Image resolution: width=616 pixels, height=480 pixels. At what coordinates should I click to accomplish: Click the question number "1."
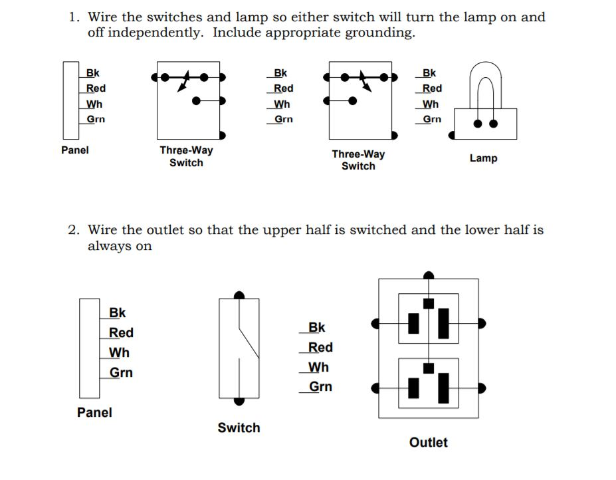click(x=75, y=17)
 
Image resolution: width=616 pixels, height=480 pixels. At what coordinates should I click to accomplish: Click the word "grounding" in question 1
click(x=379, y=33)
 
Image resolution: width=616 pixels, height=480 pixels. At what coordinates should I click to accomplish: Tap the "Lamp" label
click(x=483, y=158)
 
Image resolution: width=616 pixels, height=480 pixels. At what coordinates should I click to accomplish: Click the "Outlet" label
click(x=429, y=443)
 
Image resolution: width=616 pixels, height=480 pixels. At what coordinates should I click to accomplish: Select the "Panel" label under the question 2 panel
click(x=94, y=412)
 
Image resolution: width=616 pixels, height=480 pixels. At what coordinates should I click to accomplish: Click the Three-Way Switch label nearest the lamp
click(x=358, y=160)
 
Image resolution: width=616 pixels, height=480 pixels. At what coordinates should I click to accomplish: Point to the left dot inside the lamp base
click(x=477, y=123)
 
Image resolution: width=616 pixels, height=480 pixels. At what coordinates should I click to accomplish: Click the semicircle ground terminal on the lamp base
click(x=453, y=134)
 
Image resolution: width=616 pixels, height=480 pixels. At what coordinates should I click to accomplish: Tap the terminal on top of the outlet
click(x=429, y=275)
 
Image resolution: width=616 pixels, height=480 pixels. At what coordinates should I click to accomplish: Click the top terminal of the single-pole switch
click(x=239, y=295)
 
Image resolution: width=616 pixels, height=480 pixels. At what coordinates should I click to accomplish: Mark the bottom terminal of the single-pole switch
click(x=239, y=401)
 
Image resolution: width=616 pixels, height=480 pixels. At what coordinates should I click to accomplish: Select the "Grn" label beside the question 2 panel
click(x=121, y=373)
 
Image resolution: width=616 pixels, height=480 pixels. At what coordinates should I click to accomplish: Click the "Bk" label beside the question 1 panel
click(x=93, y=73)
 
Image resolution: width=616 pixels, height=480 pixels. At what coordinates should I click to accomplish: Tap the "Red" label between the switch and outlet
click(x=320, y=348)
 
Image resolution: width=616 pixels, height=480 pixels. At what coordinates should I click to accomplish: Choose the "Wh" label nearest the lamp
click(x=431, y=104)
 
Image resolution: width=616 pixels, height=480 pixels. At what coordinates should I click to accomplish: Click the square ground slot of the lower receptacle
click(x=429, y=368)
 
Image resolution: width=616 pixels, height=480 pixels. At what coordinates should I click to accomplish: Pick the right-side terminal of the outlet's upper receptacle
click(x=482, y=323)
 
